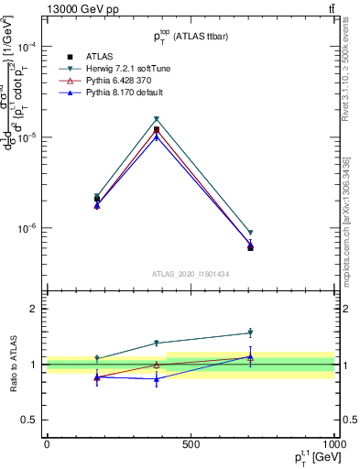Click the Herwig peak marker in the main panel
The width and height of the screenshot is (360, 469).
[x=157, y=119]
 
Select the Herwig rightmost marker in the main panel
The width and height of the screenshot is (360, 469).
[x=250, y=233]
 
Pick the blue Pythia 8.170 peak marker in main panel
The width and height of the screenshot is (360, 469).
[x=157, y=136]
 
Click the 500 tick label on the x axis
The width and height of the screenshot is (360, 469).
[x=191, y=443]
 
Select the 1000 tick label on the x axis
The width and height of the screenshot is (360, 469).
[x=333, y=443]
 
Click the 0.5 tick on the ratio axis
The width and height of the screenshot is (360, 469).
[x=29, y=420]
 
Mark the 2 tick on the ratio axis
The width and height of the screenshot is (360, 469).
[x=33, y=309]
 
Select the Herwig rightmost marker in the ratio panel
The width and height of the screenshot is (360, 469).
[x=250, y=333]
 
